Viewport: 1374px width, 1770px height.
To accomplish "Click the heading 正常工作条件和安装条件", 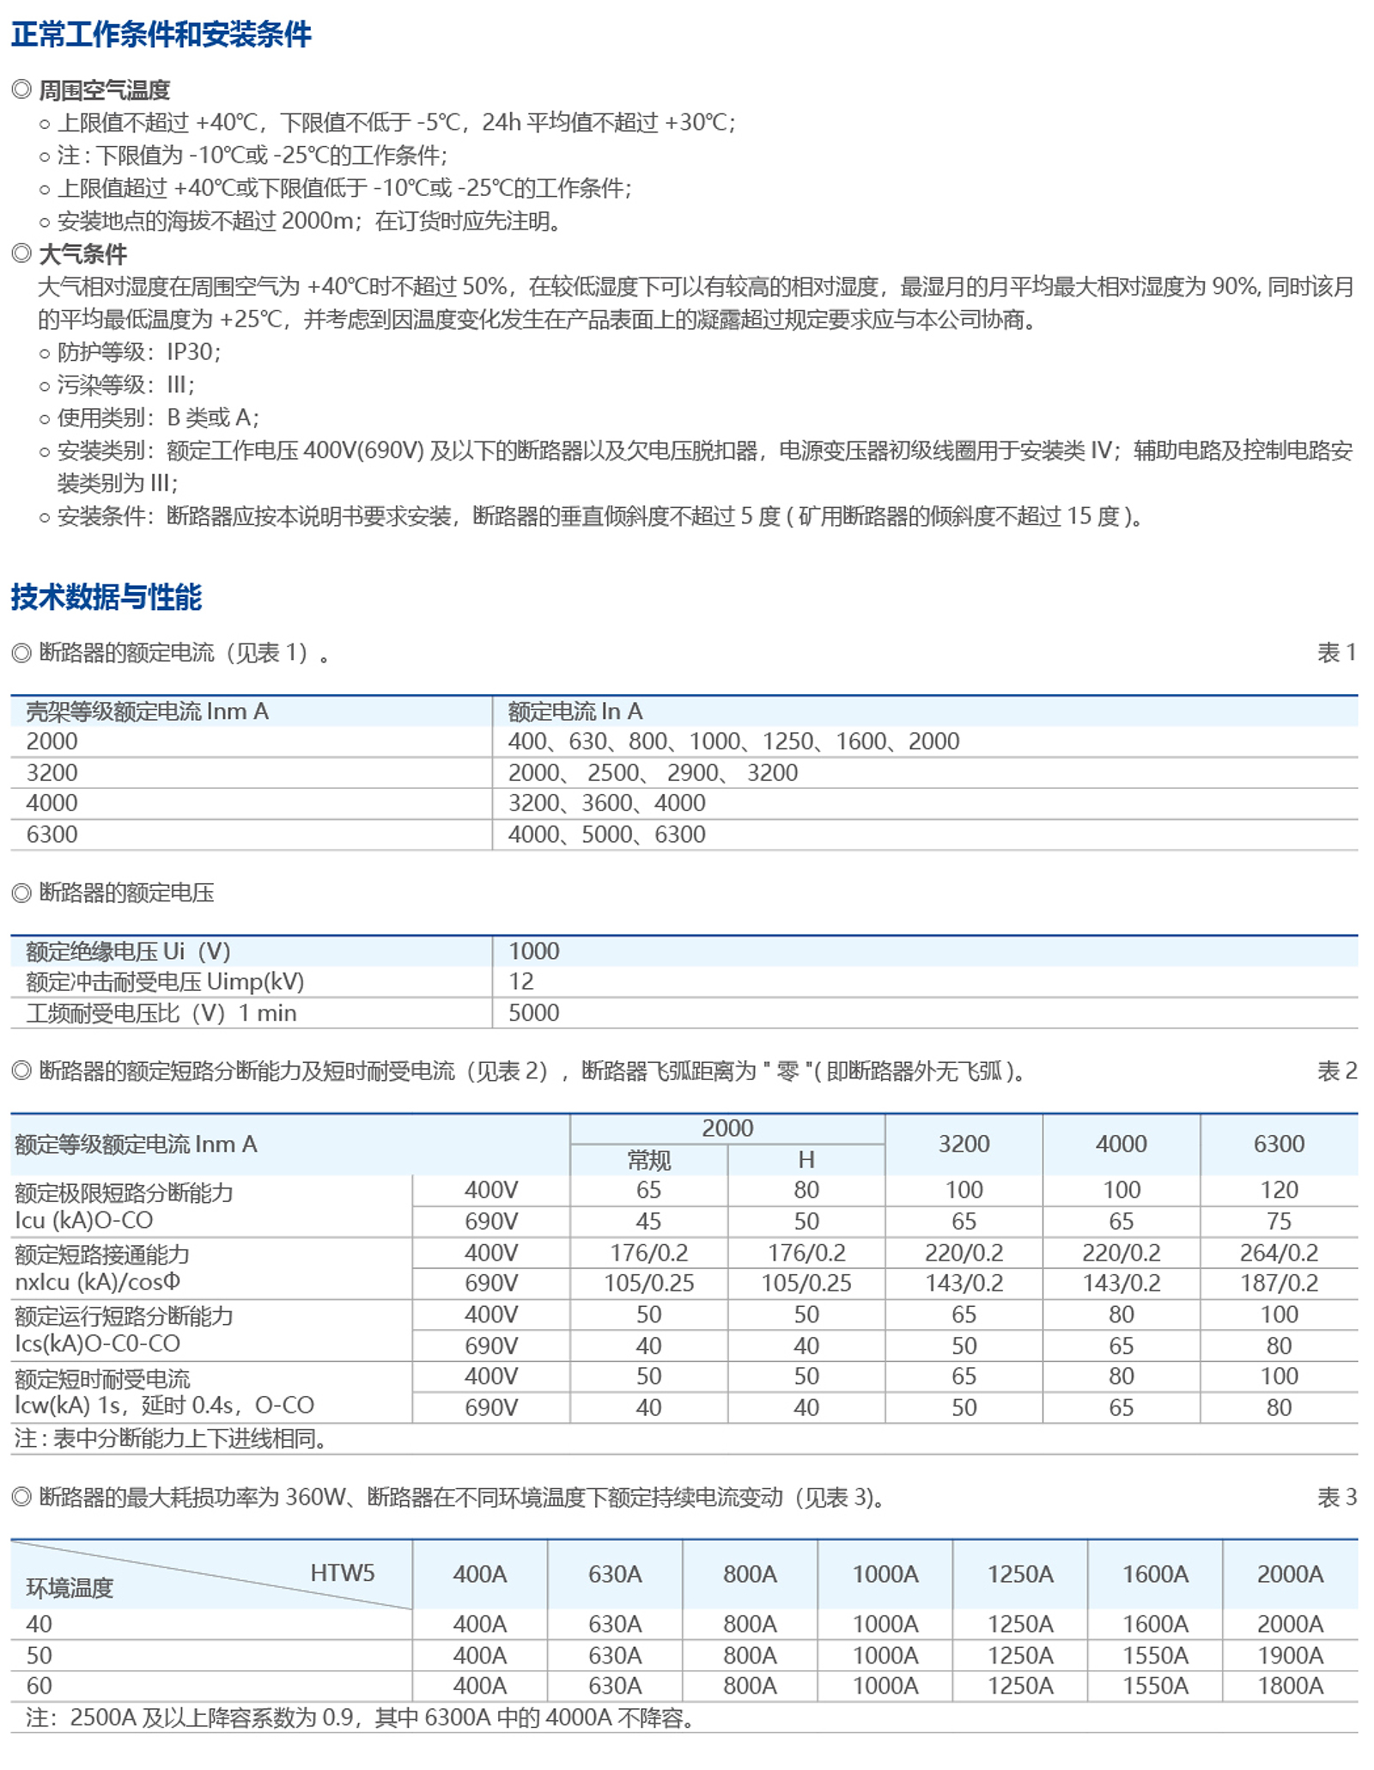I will (161, 34).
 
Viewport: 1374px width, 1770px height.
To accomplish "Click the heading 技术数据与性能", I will (106, 596).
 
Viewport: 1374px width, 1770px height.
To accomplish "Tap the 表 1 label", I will (1336, 653).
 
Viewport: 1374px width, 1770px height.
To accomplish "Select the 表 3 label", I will (1336, 1498).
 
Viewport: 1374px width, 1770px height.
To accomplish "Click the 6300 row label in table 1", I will (52, 834).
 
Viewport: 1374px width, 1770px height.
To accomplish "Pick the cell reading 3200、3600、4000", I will (606, 803).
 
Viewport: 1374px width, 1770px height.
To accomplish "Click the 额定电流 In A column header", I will (575, 711).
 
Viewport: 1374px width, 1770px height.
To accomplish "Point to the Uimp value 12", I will (520, 981).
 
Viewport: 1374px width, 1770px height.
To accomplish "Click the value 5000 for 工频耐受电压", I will (533, 1013).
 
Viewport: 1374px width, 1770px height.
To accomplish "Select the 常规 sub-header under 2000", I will (648, 1160).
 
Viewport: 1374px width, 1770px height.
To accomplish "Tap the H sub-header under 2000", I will (806, 1160).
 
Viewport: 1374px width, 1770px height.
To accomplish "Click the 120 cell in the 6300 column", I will (1279, 1190).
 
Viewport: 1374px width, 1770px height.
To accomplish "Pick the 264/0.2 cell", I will (1279, 1253).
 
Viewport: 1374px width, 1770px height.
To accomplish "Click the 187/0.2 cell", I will (1279, 1283).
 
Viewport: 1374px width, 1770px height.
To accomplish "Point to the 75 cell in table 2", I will (1279, 1221).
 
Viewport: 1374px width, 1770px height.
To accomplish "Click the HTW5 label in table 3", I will (342, 1573).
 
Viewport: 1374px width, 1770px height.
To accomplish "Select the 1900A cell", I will (1290, 1655).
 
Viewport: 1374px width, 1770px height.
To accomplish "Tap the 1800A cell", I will (1290, 1686).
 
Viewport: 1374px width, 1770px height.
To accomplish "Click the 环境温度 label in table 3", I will (70, 1588).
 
